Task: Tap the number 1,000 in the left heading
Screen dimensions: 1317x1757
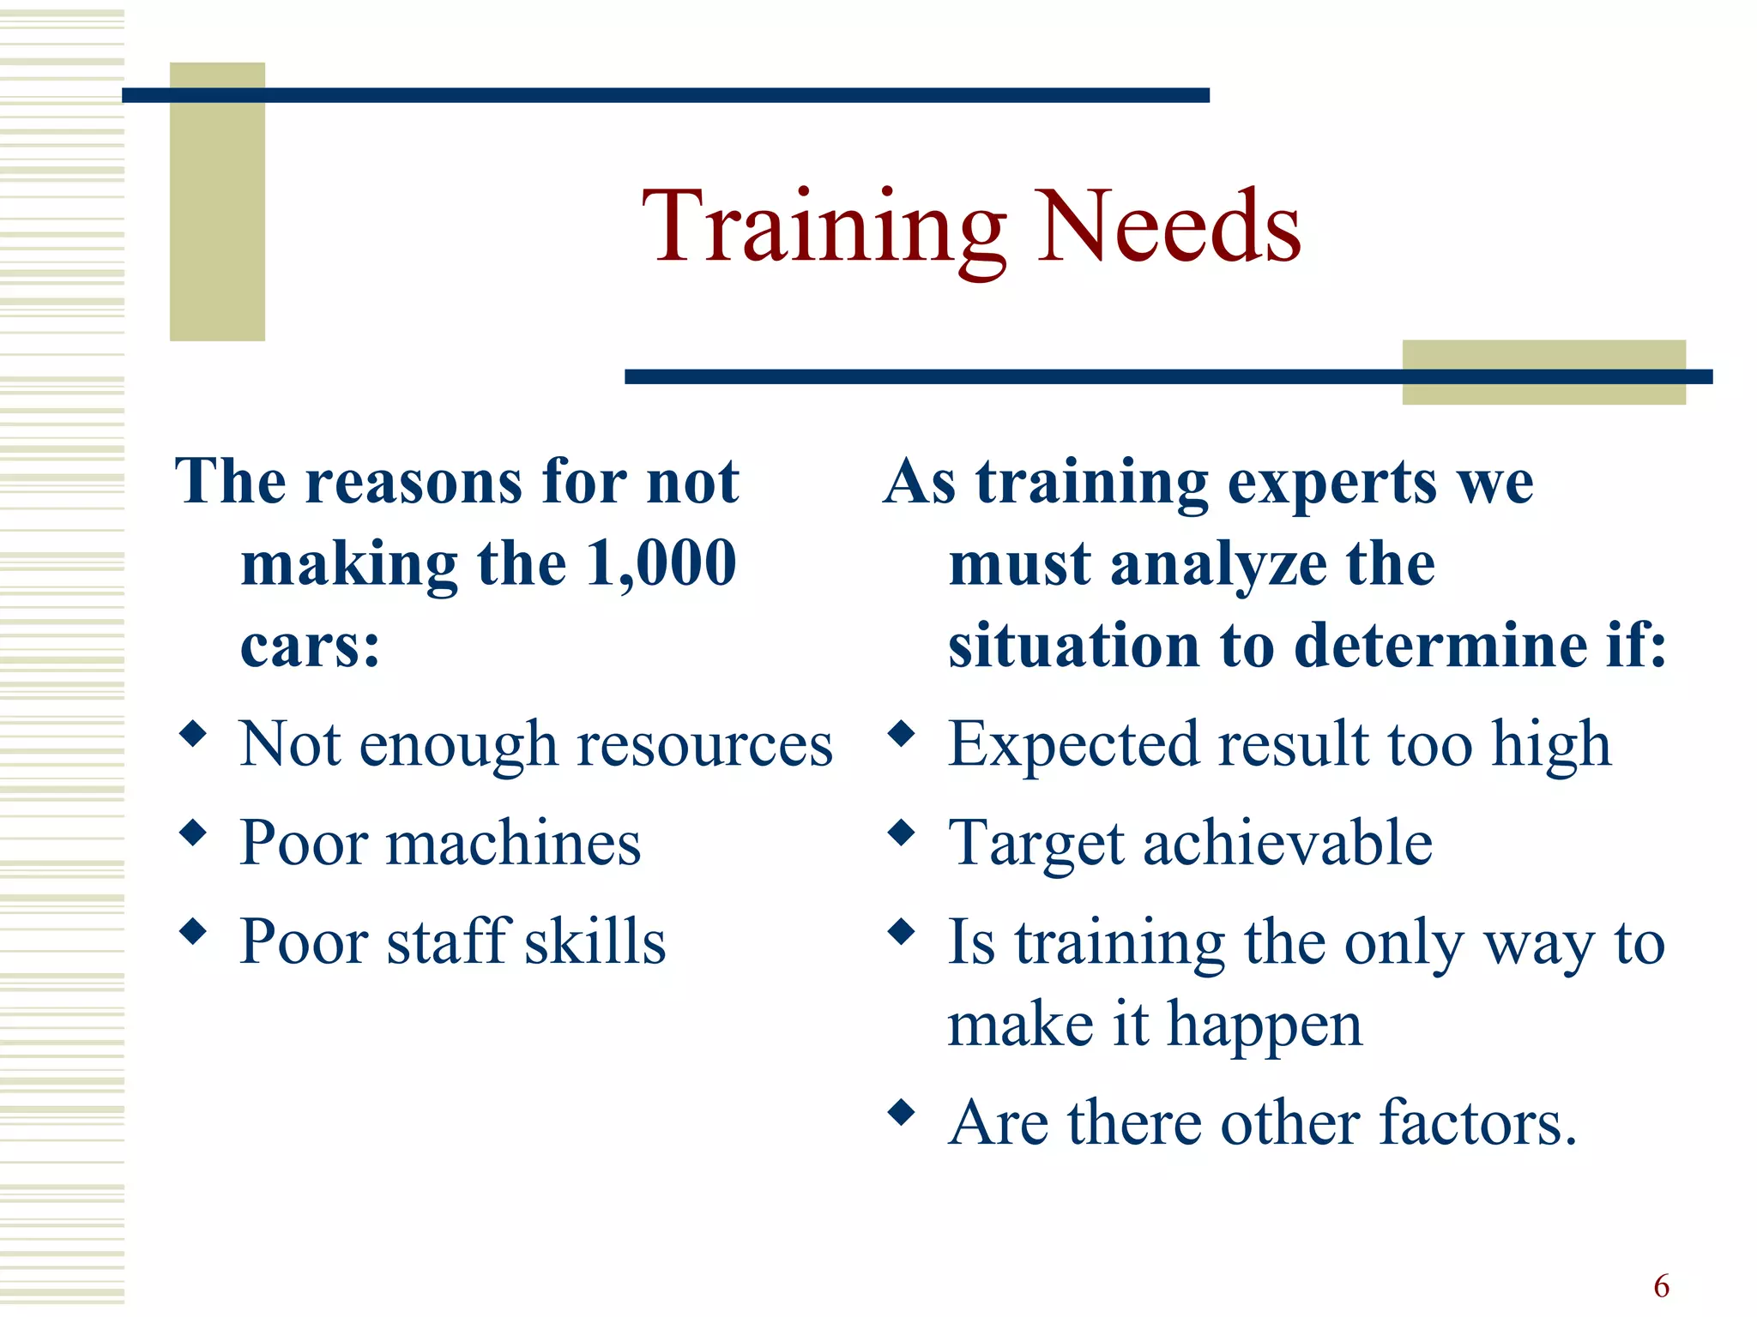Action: point(661,564)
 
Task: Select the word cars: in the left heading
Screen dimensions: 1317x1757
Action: point(310,646)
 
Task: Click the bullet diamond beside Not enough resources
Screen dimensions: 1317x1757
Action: point(194,734)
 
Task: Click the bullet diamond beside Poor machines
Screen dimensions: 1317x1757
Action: point(194,833)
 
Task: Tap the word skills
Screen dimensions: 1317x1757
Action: point(595,941)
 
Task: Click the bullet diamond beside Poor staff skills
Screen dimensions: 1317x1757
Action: point(194,931)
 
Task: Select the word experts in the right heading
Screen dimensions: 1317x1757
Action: point(1332,483)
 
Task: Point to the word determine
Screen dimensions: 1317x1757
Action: point(1449,646)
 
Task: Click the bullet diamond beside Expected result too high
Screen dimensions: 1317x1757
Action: point(902,734)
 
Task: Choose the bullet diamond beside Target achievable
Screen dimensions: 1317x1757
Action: point(902,833)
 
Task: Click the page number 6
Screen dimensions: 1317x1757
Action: point(1662,1286)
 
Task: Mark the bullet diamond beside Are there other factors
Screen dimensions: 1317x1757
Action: point(902,1113)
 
